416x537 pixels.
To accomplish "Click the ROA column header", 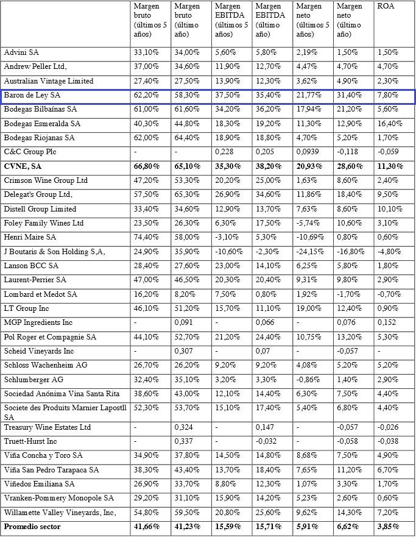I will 385,6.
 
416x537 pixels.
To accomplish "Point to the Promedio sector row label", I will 32,526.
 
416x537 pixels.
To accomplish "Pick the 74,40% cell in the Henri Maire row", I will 146,236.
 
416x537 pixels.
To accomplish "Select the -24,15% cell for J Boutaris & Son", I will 309,251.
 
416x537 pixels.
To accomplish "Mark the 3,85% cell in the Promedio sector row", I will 388,526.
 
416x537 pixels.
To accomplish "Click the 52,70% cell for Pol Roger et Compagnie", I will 186,336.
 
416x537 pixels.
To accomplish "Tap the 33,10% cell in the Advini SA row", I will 146,52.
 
